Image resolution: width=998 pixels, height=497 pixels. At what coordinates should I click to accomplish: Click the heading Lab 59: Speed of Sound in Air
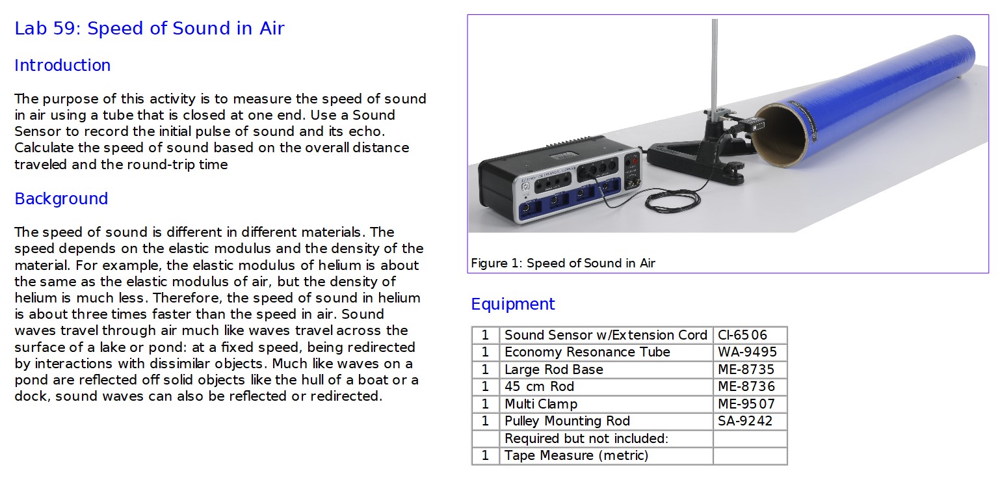pos(150,29)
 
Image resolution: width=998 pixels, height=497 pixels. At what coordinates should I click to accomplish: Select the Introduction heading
pos(62,66)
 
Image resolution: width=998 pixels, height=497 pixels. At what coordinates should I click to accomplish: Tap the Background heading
pos(61,199)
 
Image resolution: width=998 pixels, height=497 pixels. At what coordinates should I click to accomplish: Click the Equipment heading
pos(513,304)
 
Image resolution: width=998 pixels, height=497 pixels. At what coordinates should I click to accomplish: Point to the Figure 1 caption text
pos(562,263)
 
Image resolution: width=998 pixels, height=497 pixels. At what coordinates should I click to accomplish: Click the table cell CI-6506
pos(742,336)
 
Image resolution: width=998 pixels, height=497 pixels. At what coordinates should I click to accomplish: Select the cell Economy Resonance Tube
pos(587,353)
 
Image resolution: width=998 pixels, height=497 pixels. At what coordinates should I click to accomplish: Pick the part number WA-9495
pos(747,353)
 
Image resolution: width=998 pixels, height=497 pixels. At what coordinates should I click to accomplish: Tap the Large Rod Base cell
pos(553,369)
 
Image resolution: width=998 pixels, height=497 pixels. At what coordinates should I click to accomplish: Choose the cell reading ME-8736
pos(746,386)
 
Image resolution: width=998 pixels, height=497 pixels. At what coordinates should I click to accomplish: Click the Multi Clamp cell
pos(540,404)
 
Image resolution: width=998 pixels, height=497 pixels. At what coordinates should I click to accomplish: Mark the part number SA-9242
pos(745,421)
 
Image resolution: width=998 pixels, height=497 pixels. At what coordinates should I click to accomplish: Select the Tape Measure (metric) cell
pos(576,455)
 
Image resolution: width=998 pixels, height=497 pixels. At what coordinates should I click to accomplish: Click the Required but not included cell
pos(586,438)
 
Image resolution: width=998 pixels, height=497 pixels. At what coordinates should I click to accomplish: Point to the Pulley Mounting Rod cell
pos(567,421)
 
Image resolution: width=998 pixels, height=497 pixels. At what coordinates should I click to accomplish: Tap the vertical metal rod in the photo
pos(715,65)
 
